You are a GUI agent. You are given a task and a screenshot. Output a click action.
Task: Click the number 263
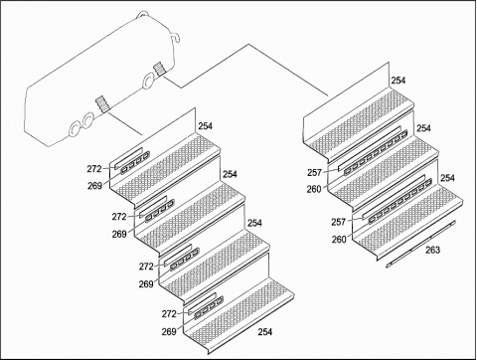click(x=432, y=250)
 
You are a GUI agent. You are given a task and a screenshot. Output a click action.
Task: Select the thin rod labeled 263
click(x=421, y=244)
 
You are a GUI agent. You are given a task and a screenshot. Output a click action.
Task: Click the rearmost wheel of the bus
click(x=75, y=129)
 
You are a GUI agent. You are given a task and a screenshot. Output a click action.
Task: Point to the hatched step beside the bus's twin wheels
click(x=102, y=104)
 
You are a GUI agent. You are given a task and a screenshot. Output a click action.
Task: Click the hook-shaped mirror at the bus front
click(x=176, y=38)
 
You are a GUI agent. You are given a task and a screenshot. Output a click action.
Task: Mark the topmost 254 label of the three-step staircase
click(x=398, y=81)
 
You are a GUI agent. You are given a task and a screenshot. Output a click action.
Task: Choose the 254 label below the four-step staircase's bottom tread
click(x=265, y=331)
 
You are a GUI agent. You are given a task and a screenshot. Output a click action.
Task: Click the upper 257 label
click(x=314, y=173)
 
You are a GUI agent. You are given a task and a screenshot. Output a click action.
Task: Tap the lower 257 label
click(x=339, y=222)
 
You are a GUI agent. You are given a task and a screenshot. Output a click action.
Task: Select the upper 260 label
click(x=314, y=189)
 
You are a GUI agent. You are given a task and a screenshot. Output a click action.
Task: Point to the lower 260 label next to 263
click(x=339, y=239)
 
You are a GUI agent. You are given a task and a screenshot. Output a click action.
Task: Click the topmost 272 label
click(x=94, y=169)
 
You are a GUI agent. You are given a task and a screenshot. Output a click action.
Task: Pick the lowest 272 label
click(x=169, y=313)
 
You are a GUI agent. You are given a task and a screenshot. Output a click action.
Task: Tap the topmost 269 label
click(x=94, y=186)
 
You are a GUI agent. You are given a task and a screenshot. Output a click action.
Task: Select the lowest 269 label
click(x=169, y=331)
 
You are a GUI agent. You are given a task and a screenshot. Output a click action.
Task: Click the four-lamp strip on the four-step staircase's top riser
click(x=135, y=163)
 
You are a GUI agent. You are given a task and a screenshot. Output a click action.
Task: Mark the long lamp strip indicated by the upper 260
click(x=376, y=152)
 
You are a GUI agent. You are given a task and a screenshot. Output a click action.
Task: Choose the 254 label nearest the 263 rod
click(x=447, y=178)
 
